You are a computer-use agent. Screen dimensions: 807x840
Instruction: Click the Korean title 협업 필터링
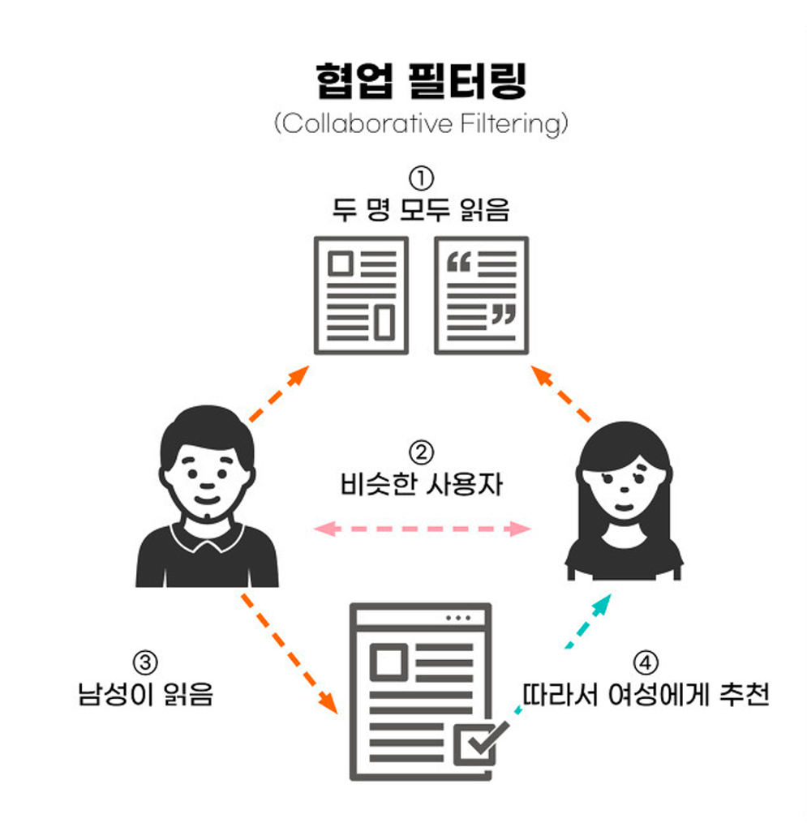(421, 80)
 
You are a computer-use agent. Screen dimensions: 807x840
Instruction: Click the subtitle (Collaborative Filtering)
(421, 123)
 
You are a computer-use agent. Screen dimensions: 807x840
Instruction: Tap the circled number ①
(421, 178)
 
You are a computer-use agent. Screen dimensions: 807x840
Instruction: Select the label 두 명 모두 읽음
(421, 209)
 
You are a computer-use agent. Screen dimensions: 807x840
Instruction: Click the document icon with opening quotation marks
(481, 295)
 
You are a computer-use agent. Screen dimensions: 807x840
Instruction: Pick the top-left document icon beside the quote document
(361, 295)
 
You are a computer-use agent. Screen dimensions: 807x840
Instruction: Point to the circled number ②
(421, 452)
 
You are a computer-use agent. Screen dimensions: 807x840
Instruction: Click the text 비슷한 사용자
(421, 484)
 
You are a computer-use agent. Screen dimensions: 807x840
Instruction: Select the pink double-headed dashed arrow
(423, 529)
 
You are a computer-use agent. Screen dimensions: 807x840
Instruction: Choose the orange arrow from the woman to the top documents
(561, 394)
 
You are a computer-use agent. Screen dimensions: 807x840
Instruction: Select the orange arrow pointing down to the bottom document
(290, 654)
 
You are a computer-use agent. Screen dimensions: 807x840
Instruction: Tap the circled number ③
(145, 663)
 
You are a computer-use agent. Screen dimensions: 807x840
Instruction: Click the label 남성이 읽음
(145, 694)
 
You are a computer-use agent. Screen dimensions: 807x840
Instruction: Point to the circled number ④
(646, 663)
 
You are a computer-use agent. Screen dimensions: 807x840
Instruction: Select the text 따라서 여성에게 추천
(646, 694)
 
